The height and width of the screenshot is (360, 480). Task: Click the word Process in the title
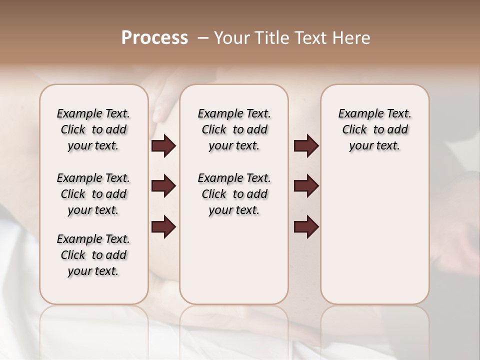point(154,38)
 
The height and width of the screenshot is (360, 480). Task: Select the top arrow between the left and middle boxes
point(163,146)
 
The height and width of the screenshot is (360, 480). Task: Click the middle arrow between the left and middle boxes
point(163,186)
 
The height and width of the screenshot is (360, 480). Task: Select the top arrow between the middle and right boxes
point(306,146)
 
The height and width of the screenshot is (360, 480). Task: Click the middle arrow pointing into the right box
point(306,186)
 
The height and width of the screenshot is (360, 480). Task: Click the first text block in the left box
point(93,129)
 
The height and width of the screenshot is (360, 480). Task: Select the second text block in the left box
point(93,194)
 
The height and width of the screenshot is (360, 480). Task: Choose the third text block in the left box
point(93,255)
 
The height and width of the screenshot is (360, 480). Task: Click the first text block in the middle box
point(234,129)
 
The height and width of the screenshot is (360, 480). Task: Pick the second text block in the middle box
point(234,194)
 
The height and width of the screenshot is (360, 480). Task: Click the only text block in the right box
point(374,129)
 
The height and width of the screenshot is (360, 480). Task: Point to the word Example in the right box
point(357,114)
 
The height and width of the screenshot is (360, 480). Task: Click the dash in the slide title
point(202,38)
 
